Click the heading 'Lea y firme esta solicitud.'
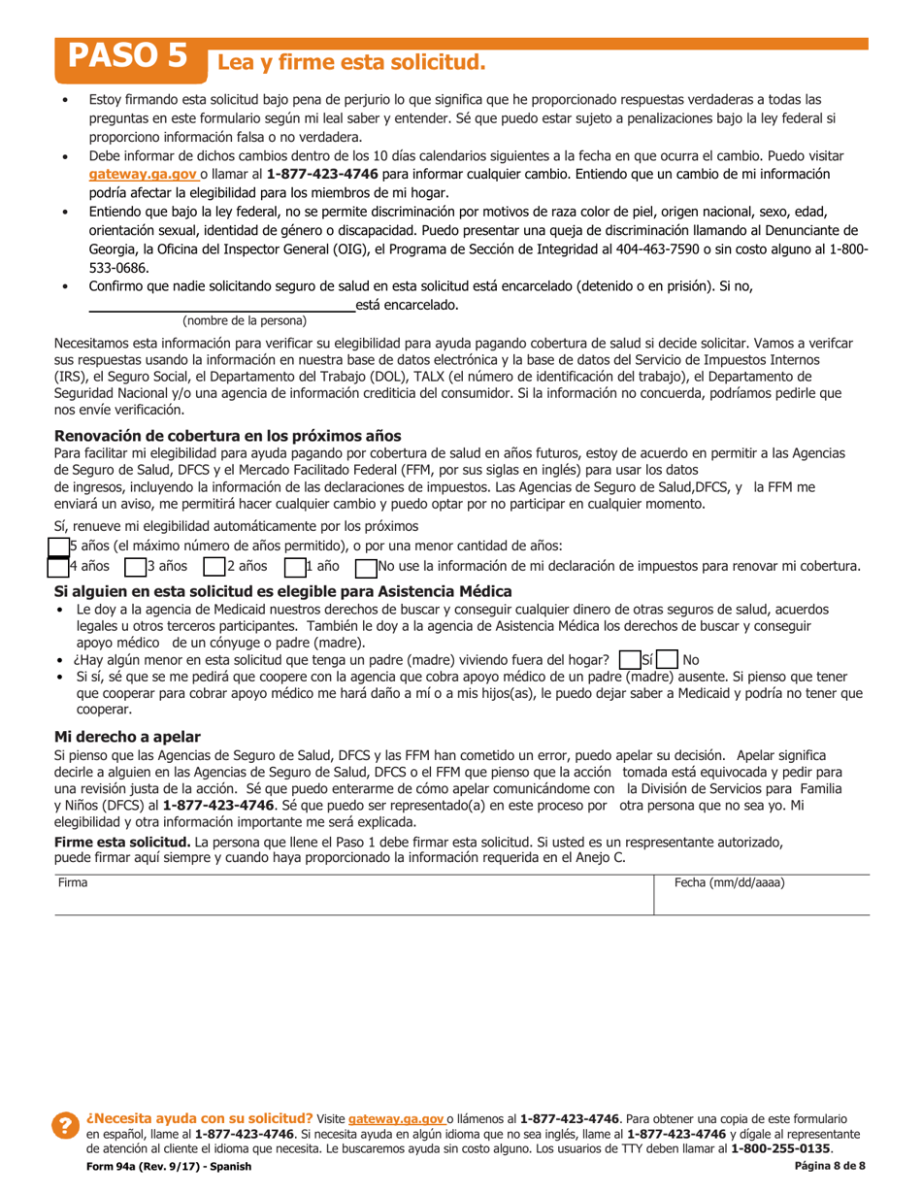pyautogui.click(x=349, y=63)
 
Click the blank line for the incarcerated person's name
pyautogui.click(x=221, y=305)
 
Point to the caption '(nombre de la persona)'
pyautogui.click(x=245, y=320)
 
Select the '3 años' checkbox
pyautogui.click(x=133, y=566)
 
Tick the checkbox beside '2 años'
pyautogui.click(x=214, y=566)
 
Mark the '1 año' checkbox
pyautogui.click(x=294, y=566)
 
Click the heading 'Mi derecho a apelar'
pyautogui.click(x=127, y=737)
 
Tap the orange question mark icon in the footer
pyautogui.click(x=66, y=1126)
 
